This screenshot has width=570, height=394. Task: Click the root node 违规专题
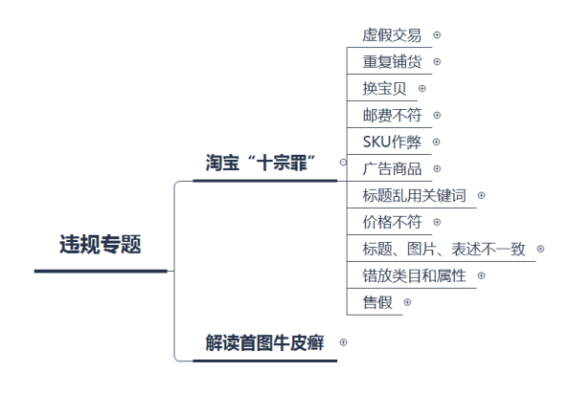tap(101, 244)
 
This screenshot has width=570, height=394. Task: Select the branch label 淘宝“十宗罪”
tap(261, 163)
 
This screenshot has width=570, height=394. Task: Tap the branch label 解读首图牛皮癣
tap(264, 342)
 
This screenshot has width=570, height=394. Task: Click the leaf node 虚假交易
tap(392, 35)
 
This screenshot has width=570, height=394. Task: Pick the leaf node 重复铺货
tap(392, 61)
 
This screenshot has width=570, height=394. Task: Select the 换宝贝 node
tap(384, 89)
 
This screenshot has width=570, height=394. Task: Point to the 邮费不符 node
tap(392, 116)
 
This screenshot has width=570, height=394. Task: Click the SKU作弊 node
tap(392, 142)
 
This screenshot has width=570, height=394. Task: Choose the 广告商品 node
tap(392, 168)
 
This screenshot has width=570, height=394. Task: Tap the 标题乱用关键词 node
tap(414, 195)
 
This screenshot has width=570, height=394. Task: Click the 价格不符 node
tap(392, 222)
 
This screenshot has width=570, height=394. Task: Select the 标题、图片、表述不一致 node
tap(444, 249)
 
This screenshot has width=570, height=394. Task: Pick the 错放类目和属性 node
tap(414, 275)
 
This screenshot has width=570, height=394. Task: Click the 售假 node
tap(377, 302)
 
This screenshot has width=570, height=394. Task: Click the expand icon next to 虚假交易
tap(437, 35)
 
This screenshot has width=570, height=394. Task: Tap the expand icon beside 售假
tap(407, 302)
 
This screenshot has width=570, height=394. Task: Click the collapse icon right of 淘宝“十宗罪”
tap(343, 163)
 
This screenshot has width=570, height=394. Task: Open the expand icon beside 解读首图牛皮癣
tap(343, 342)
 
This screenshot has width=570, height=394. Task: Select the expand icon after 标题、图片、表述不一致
tap(540, 249)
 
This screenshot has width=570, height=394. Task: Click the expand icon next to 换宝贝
tap(422, 89)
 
